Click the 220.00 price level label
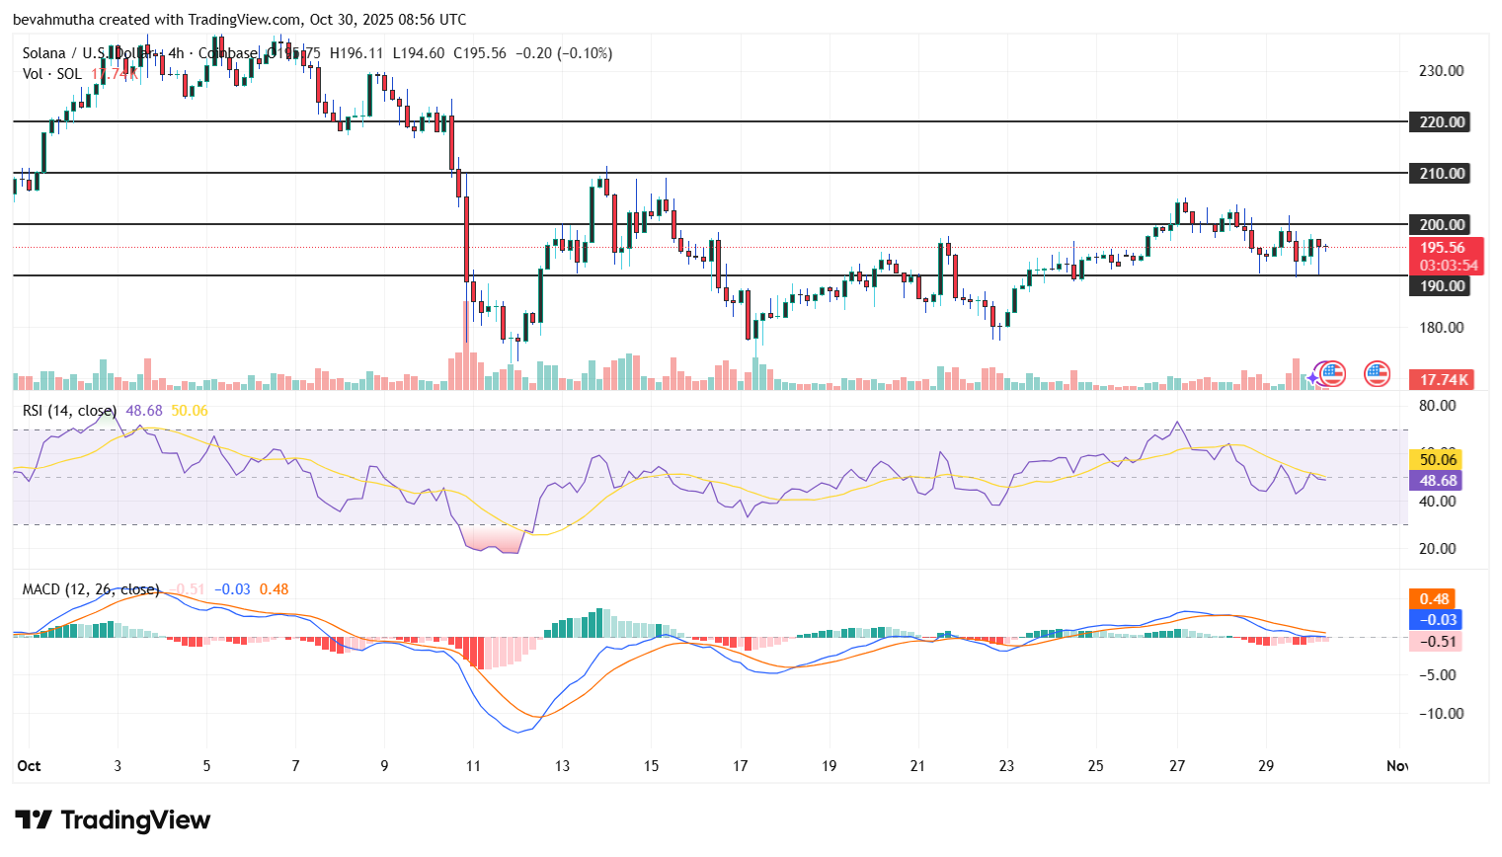(1442, 122)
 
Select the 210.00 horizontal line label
(1442, 174)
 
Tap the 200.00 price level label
(1442, 225)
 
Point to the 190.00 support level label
(1442, 286)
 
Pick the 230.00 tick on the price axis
(1441, 71)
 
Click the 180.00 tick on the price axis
(1441, 328)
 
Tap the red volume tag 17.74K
(1445, 380)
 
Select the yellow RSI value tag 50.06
(1438, 459)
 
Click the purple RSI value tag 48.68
(1438, 481)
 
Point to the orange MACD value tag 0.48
(1434, 599)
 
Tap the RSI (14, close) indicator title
(69, 411)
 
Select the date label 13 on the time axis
(562, 766)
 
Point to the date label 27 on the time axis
(1177, 766)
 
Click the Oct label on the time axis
(29, 766)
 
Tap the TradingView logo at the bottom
(113, 820)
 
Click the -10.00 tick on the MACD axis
(1441, 714)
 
